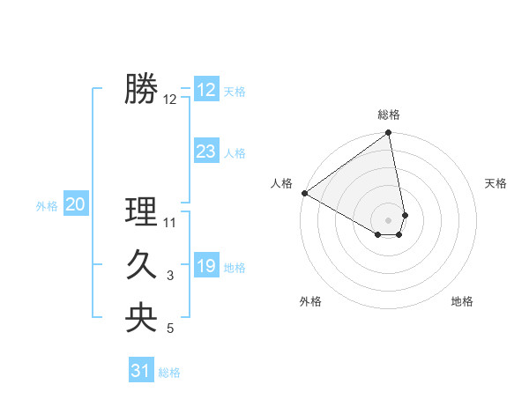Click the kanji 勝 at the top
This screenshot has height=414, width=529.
pos(141,89)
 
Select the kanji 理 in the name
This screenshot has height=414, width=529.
pos(141,212)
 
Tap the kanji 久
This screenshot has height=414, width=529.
pos(141,265)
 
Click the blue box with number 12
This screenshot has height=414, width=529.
pos(206,90)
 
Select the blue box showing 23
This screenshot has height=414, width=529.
pos(206,152)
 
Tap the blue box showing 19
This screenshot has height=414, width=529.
pos(206,266)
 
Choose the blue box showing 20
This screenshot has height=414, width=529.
pos(76,205)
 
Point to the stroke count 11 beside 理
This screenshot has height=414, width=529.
pos(170,223)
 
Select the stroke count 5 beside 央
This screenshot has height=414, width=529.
pos(170,329)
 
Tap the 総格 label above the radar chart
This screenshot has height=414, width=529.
pos(389,115)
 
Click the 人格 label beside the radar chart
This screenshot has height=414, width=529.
pos(281,183)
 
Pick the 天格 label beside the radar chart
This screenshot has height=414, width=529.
pos(495,183)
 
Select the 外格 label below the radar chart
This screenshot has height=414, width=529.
pos(310,301)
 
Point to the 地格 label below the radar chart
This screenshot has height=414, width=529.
pos(462,301)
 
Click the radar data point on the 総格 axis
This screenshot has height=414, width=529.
pos(388,134)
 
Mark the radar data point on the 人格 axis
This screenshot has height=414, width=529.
pos(304,193)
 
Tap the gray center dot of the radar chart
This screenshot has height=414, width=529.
pos(388,219)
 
